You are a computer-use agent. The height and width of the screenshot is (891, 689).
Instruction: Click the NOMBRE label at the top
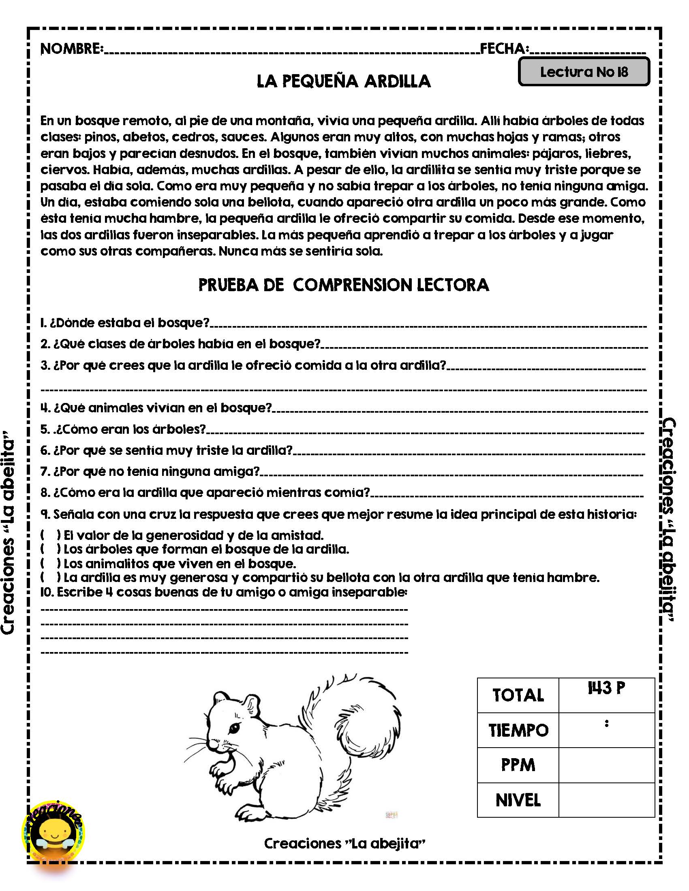[71, 49]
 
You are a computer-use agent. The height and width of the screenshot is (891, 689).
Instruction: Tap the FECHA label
[504, 49]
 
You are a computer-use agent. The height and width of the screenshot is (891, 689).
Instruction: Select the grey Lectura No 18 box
[584, 72]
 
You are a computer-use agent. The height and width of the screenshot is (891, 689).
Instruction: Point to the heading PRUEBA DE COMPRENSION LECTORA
[343, 285]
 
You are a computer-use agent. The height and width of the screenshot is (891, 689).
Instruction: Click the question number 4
[44, 407]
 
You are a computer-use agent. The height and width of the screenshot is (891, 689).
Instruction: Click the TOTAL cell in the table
[518, 695]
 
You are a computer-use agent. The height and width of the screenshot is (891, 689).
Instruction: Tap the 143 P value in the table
[606, 688]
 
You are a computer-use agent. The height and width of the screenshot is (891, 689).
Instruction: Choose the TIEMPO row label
[518, 730]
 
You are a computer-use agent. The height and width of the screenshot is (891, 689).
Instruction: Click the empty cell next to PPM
[606, 765]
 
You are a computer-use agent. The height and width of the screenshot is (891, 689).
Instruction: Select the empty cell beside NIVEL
[606, 800]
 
